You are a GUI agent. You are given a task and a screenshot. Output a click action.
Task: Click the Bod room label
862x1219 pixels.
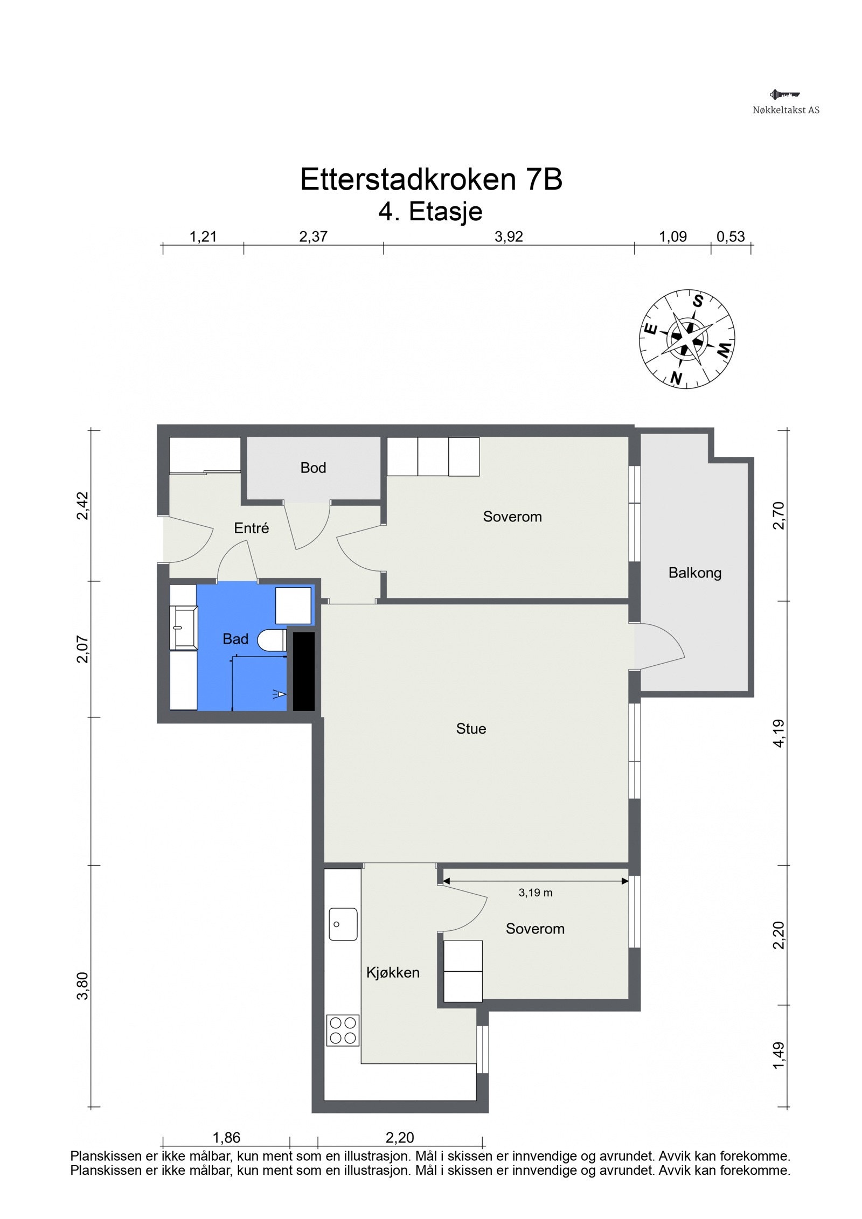coord(313,468)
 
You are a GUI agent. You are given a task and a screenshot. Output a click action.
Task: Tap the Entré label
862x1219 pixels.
coord(251,528)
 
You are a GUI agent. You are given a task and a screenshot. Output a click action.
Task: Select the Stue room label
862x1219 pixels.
coord(471,728)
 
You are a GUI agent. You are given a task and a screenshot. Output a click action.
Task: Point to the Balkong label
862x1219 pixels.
coord(694,573)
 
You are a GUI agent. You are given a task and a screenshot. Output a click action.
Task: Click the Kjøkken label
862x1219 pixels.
coord(393,972)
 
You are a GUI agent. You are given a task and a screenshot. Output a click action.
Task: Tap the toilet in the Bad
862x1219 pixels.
coord(272,641)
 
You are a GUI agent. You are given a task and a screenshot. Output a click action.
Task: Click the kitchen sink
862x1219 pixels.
coord(343,924)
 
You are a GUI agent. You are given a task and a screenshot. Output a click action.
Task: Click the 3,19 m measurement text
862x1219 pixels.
coord(536,892)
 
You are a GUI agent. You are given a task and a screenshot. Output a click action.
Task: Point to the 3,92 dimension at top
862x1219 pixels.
coord(509,236)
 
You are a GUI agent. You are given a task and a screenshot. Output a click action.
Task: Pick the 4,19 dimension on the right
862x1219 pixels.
coord(780,733)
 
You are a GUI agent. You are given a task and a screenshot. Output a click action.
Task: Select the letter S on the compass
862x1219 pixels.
coord(698,301)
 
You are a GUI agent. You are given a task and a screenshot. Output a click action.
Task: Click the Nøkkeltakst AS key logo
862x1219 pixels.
coord(785,95)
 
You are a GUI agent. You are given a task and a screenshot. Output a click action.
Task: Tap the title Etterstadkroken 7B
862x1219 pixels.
coord(431,179)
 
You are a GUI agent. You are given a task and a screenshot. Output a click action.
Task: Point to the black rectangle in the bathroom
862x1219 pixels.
coord(303,671)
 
